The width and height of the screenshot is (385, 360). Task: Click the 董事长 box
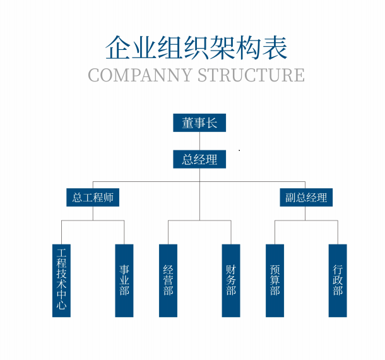coord(199,123)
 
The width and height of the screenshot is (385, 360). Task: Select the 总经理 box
coord(199,159)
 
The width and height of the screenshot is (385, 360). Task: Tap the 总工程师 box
coord(93,197)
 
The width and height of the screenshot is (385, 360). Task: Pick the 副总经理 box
coord(306,197)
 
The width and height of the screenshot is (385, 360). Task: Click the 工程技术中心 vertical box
coord(61,280)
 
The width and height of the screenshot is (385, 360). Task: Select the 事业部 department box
coord(124,280)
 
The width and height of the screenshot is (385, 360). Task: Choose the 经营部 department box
coord(168,280)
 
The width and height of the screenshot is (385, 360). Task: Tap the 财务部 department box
coord(231,280)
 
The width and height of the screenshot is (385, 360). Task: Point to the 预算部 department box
coord(275,280)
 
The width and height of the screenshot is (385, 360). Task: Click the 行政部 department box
coord(338,280)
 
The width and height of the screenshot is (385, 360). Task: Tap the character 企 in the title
coord(120,47)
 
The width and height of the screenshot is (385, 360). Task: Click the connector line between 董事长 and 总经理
coord(199,141)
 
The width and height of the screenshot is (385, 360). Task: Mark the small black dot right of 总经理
coord(239,150)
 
